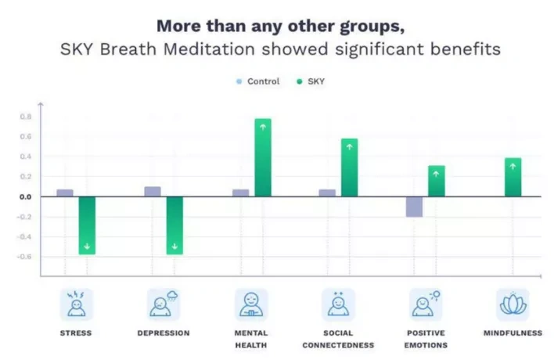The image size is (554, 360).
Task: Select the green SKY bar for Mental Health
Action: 263,157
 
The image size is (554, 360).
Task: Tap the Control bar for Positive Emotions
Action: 414,207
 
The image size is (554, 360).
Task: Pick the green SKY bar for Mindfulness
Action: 513,177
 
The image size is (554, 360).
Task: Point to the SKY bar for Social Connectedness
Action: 349,167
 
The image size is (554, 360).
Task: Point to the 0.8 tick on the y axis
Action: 26,117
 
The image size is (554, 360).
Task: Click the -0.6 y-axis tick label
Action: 25,256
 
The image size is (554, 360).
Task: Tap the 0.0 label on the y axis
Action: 26,196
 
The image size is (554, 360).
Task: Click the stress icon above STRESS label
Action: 76,304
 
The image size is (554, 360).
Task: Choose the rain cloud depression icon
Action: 164,304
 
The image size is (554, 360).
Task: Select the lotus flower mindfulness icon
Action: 513,304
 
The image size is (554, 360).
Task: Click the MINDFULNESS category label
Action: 513,333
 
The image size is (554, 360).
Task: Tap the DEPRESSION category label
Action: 164,333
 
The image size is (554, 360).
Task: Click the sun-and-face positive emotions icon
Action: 426,304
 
